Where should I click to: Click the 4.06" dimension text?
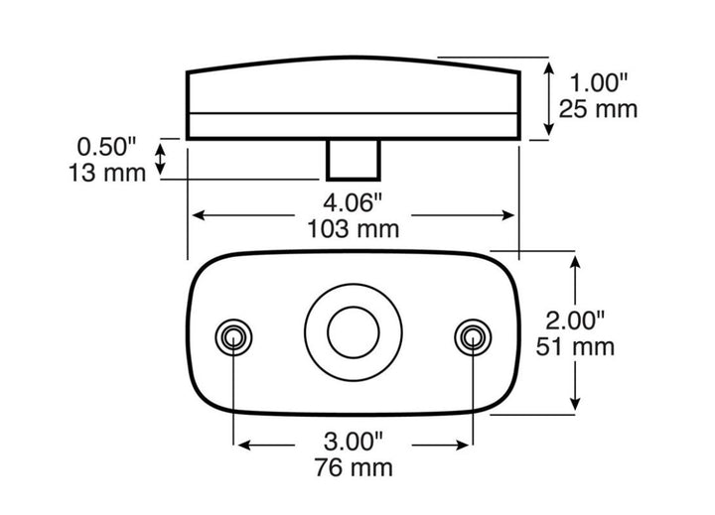click(353, 202)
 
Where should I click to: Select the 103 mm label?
click(353, 229)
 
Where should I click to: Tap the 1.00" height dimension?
click(598, 83)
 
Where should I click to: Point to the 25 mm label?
click(598, 109)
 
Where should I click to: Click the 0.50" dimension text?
click(106, 147)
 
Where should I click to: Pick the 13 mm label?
click(107, 174)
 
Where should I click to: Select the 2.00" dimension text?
click(575, 321)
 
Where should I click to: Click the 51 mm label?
click(575, 347)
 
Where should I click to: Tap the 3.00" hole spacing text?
click(354, 442)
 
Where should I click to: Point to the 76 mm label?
click(354, 467)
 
